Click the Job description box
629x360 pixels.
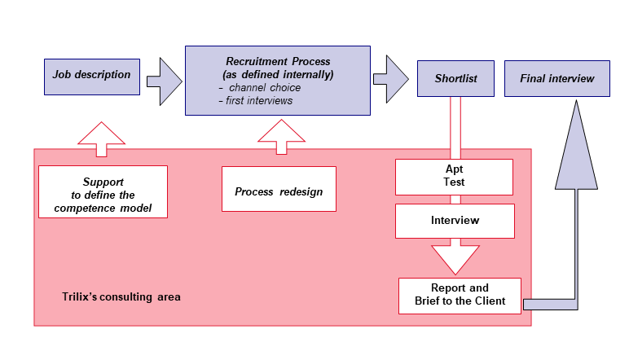coord(92,77)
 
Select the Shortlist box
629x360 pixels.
coord(455,78)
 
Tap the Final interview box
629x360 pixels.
coord(557,78)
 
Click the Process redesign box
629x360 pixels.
coord(279,189)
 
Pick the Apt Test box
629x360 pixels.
coord(454,178)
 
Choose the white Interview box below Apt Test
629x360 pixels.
coord(455,221)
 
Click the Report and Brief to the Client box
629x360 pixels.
coord(460,296)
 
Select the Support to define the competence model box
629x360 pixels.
coord(103,191)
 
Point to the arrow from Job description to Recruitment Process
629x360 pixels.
coord(165,81)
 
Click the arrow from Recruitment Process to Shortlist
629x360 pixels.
coord(391,79)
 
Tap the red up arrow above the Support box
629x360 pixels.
coord(102,139)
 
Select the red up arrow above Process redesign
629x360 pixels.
coord(282,137)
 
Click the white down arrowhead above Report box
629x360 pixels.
coord(455,259)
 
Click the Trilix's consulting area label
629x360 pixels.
coord(121,296)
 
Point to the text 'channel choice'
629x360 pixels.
coord(265,87)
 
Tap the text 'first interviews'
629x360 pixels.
coord(259,101)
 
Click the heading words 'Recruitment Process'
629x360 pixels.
coord(278,61)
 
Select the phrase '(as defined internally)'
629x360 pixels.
coord(278,75)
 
